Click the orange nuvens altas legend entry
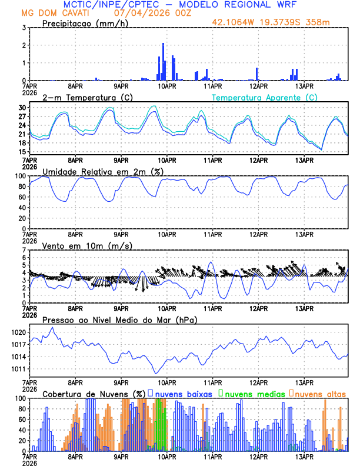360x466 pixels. (x=318, y=394)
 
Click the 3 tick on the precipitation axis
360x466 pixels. (x=25, y=28)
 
